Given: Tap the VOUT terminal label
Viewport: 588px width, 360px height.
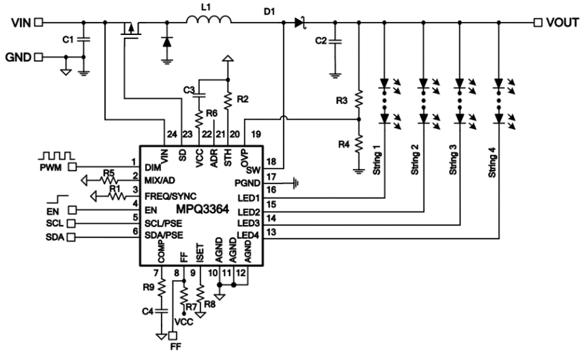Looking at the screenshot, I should point(562,23).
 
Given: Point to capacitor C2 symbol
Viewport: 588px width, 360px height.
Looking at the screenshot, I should point(335,42).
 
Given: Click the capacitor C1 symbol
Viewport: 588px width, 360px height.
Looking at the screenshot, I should point(84,40).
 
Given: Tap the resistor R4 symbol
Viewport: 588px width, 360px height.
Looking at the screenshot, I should point(359,143).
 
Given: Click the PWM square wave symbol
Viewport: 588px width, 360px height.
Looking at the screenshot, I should point(57,156).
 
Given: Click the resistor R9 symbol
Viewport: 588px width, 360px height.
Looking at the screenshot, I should point(161,288).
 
